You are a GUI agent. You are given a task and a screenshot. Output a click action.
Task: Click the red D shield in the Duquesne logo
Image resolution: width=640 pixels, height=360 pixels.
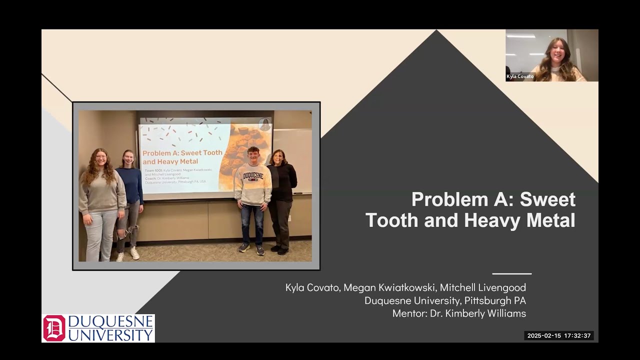pos(54,328)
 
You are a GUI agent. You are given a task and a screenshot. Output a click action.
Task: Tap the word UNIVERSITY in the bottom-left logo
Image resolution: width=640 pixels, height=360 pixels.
pos(110,335)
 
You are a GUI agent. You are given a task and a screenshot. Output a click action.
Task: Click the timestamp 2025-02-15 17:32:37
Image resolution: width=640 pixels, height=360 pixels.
pos(559,335)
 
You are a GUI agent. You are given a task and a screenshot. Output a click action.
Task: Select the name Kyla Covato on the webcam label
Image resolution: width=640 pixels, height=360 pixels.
pos(520,76)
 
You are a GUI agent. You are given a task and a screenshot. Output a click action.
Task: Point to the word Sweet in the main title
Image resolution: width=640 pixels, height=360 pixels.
pos(547,199)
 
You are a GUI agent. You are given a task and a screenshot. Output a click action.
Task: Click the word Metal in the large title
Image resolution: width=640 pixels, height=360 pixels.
pos(550,220)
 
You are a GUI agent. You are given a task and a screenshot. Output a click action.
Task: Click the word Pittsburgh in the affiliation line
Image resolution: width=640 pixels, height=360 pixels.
pos(488,300)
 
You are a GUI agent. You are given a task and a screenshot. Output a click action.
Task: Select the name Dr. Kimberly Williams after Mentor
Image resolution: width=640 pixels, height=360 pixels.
pos(478,313)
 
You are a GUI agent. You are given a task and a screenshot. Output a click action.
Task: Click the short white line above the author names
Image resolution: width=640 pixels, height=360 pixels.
pos(511,273)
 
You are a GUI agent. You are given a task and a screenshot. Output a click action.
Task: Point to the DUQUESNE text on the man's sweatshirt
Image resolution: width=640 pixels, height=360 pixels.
pos(253,176)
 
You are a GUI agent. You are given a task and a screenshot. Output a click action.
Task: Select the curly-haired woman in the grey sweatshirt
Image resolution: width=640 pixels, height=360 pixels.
pos(101,200)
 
